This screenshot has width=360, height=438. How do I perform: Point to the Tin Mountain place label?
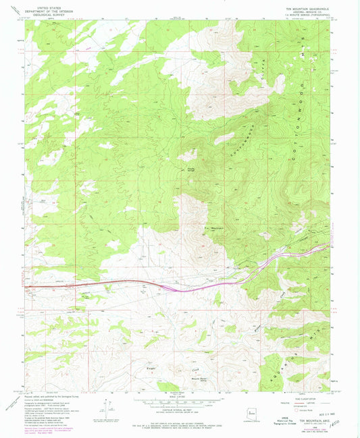click(214, 229)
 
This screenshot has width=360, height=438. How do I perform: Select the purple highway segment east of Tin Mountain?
click(270, 261)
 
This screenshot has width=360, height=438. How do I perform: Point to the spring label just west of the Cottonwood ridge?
click(190, 169)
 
